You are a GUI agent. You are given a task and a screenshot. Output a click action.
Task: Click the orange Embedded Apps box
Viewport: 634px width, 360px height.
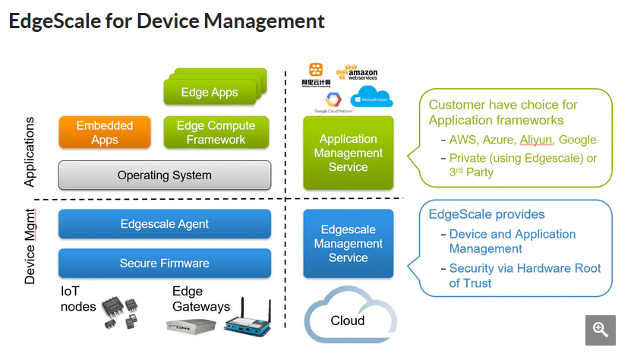tap(105, 132)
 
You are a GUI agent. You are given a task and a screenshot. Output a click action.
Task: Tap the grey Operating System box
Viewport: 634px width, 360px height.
tap(164, 175)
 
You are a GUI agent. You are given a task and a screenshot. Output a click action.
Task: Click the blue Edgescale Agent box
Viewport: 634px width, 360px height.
tap(164, 224)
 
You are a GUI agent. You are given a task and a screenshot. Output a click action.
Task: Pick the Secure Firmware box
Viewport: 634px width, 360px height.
tap(164, 263)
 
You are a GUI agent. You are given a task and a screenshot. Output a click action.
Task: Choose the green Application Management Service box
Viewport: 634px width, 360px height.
tap(349, 153)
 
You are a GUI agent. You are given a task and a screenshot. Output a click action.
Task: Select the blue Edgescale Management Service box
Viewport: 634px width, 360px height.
tap(349, 244)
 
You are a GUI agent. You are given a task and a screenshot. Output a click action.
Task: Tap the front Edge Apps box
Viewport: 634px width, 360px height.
tap(210, 93)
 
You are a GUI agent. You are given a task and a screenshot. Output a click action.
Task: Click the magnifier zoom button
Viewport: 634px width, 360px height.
tap(600, 330)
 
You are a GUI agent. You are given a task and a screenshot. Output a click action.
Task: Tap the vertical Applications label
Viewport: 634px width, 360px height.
tap(30, 152)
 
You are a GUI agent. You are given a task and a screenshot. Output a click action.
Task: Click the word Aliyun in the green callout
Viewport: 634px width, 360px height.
tap(535, 140)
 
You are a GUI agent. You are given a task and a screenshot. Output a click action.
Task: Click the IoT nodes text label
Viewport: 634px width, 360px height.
tap(79, 298)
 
